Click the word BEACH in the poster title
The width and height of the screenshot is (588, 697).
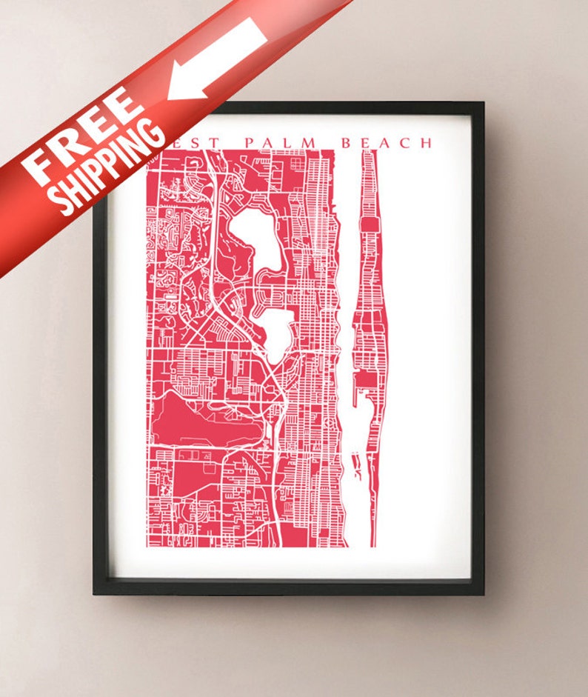point(386,142)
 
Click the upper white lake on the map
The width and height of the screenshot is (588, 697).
point(255,237)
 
